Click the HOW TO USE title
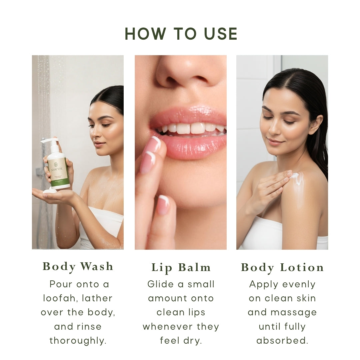click(x=181, y=34)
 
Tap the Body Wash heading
click(x=78, y=266)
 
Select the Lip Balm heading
click(x=181, y=267)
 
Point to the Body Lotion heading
click(x=282, y=267)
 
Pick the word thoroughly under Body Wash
click(x=78, y=341)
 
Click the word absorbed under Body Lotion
click(x=282, y=341)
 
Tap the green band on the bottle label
click(x=60, y=182)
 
